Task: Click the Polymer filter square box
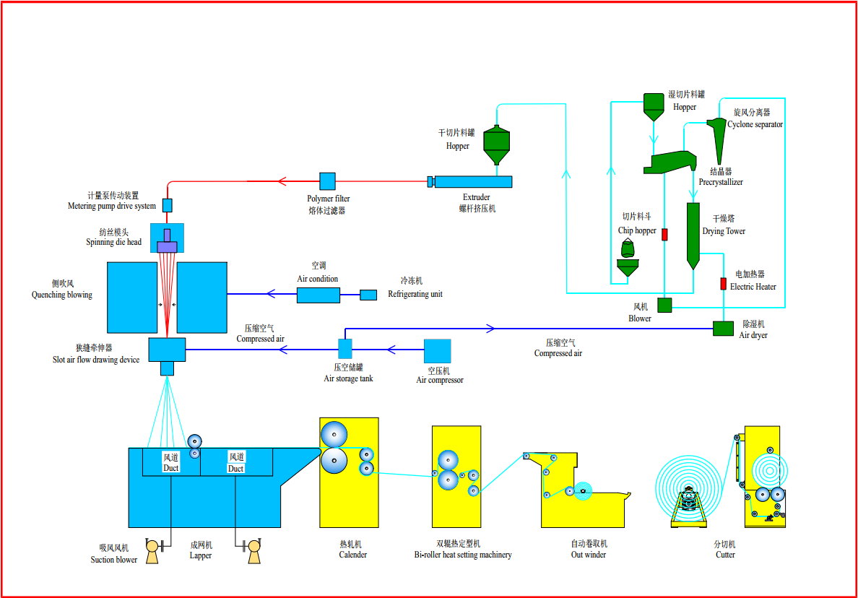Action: click(x=327, y=181)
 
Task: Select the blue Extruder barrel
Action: click(x=473, y=182)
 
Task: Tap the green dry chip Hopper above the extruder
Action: click(x=496, y=144)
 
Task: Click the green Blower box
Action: click(x=664, y=305)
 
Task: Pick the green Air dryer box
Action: click(x=723, y=328)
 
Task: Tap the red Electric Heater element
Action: click(x=723, y=283)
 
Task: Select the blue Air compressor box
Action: click(x=437, y=352)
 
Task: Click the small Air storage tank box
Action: click(x=345, y=349)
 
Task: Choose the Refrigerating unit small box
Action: click(x=368, y=295)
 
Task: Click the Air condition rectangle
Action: click(x=318, y=295)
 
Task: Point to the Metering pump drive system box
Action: click(x=168, y=205)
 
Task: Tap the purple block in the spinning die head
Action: click(x=168, y=247)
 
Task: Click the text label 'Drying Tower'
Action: click(x=724, y=232)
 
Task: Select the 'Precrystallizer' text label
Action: click(x=721, y=183)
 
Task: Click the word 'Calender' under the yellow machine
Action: click(x=352, y=555)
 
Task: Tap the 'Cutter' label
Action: click(x=725, y=555)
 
